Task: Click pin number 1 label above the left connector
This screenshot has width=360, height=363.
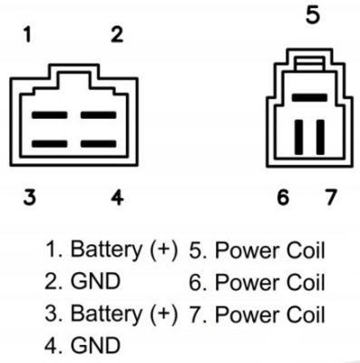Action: (28, 34)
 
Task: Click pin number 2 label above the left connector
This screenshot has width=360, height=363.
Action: (117, 34)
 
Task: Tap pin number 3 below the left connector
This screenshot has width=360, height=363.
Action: (30, 197)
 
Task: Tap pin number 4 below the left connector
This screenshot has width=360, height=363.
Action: (117, 197)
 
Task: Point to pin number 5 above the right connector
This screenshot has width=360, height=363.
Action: (313, 15)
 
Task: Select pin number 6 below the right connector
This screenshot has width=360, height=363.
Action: (283, 197)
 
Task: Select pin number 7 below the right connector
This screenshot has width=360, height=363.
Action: (330, 197)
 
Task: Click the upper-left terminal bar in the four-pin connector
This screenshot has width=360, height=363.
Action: (49, 115)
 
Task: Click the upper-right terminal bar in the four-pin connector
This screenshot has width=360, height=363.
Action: (99, 115)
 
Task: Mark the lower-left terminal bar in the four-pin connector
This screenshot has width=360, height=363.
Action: (49, 143)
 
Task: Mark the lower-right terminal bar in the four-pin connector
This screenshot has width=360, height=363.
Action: (99, 143)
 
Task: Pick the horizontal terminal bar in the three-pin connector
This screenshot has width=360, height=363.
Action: (309, 98)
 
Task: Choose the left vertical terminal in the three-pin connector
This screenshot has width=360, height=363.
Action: (299, 137)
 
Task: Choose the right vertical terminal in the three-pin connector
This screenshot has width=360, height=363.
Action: (320, 137)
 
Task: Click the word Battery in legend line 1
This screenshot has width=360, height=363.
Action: (106, 250)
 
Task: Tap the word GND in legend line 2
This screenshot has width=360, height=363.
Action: (95, 281)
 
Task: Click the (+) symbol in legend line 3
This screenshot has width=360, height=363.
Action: (164, 314)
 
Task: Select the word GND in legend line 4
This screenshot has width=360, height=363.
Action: (95, 345)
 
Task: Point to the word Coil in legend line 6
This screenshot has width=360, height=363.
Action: (306, 282)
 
